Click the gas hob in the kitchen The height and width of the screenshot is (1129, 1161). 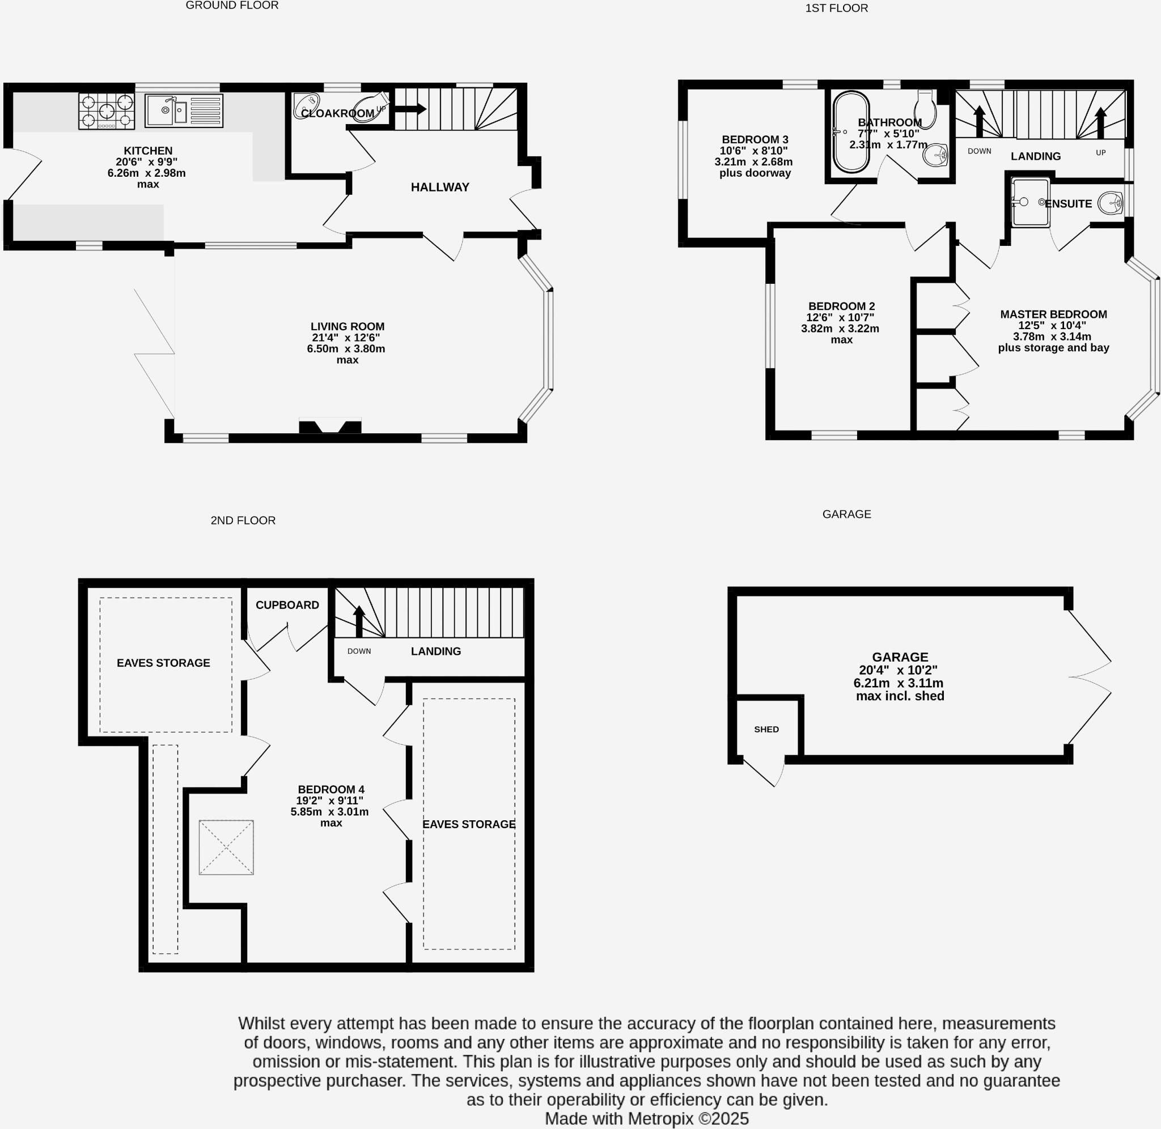point(107,111)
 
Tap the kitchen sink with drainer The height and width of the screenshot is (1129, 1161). point(184,110)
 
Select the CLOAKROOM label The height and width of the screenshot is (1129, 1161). point(337,113)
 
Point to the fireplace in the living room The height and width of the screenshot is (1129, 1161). point(330,426)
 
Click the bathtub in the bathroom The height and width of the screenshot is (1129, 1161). point(851,131)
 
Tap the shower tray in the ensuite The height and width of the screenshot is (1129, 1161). point(1031,203)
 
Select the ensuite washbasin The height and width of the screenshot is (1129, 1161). point(1110,203)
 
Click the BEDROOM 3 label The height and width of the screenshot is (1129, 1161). point(755,140)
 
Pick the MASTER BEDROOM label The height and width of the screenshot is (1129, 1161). point(1053,315)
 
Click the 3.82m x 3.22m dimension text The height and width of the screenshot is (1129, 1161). point(840,329)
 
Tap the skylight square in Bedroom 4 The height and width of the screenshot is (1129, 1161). point(226,847)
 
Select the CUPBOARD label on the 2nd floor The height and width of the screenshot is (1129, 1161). point(287,605)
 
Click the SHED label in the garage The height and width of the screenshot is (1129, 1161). point(766,729)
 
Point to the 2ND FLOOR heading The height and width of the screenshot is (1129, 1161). point(243,521)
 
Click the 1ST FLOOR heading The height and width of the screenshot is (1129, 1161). point(837,8)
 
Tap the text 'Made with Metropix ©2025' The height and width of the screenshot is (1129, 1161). point(647,1119)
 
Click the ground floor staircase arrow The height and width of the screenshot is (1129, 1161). point(409,109)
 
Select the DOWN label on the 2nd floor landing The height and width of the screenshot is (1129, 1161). point(359,651)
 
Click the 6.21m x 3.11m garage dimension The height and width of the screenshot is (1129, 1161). point(898,683)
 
